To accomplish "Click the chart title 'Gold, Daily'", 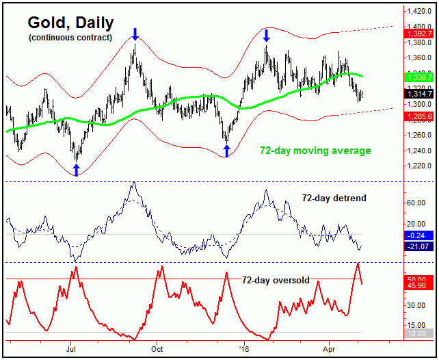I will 70,23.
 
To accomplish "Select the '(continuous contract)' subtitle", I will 70,38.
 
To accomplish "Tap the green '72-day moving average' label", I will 315,151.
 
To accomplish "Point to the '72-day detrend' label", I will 334,198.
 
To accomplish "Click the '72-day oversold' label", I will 276,280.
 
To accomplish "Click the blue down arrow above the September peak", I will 135,34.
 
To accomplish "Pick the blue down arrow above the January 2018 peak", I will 266,35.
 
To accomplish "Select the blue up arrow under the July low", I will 76,170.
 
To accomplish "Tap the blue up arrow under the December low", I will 227,151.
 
